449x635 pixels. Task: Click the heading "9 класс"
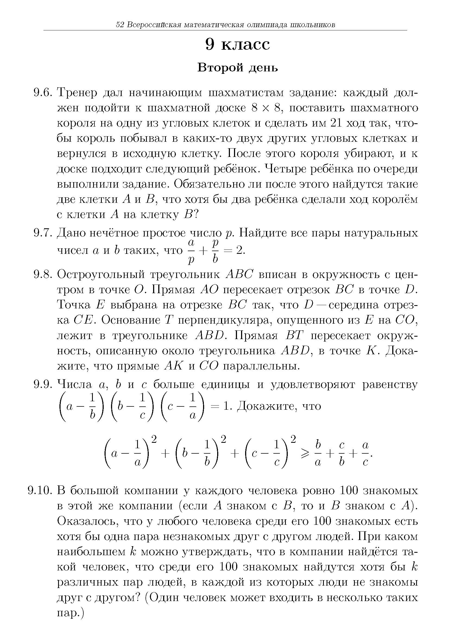pos(238,45)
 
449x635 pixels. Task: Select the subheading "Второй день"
pos(238,68)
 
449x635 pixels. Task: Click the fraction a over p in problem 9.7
pos(190,251)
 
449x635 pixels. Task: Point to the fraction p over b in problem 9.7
pos(215,251)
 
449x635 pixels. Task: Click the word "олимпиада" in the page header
pos(267,25)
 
